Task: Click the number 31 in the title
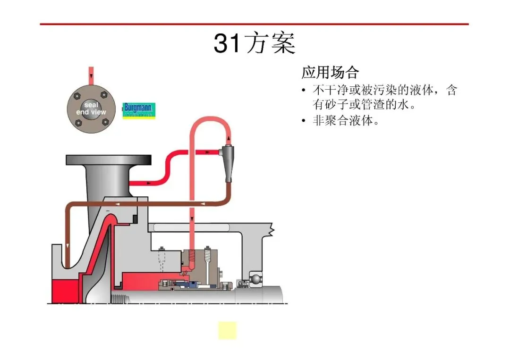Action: [x=228, y=43]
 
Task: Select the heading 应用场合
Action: [x=330, y=72]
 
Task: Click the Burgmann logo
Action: [x=139, y=110]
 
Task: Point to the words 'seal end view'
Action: [x=91, y=109]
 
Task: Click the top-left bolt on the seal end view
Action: [x=77, y=96]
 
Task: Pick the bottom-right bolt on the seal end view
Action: [x=105, y=122]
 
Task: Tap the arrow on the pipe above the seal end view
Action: [x=92, y=76]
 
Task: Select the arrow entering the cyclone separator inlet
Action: [x=207, y=152]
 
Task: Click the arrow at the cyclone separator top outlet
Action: [x=229, y=139]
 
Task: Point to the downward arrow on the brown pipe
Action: [x=68, y=246]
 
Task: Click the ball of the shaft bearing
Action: [x=256, y=279]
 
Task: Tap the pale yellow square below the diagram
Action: [x=227, y=330]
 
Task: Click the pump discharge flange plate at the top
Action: [x=109, y=160]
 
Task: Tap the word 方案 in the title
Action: [x=271, y=43]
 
